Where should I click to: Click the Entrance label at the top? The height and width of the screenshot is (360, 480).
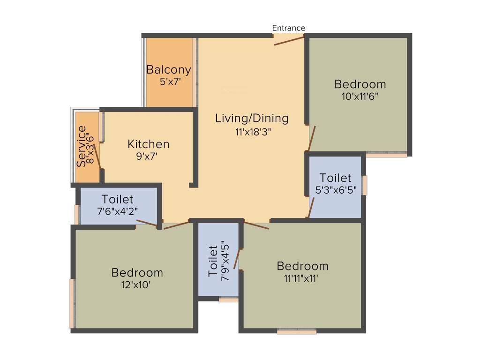[289, 28]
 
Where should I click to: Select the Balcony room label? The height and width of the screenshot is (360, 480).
[169, 70]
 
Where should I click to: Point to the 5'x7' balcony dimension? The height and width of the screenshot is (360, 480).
[169, 82]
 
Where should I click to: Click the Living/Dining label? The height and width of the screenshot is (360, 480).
[252, 118]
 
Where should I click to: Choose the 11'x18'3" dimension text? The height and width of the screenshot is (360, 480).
[253, 132]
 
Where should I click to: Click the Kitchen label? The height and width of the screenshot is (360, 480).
[149, 144]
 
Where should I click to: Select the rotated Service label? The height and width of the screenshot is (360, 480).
[82, 146]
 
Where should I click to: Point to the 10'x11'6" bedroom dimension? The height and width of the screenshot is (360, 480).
[360, 97]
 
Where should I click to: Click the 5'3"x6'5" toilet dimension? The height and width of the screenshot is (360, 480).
[335, 191]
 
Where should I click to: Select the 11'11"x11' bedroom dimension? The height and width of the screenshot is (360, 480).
[302, 278]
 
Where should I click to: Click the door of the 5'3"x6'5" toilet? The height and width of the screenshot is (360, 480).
[311, 208]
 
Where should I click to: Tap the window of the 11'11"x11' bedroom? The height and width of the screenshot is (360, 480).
[296, 331]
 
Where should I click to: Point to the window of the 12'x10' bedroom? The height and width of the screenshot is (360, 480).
[72, 303]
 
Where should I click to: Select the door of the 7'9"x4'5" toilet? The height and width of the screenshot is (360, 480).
[237, 259]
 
